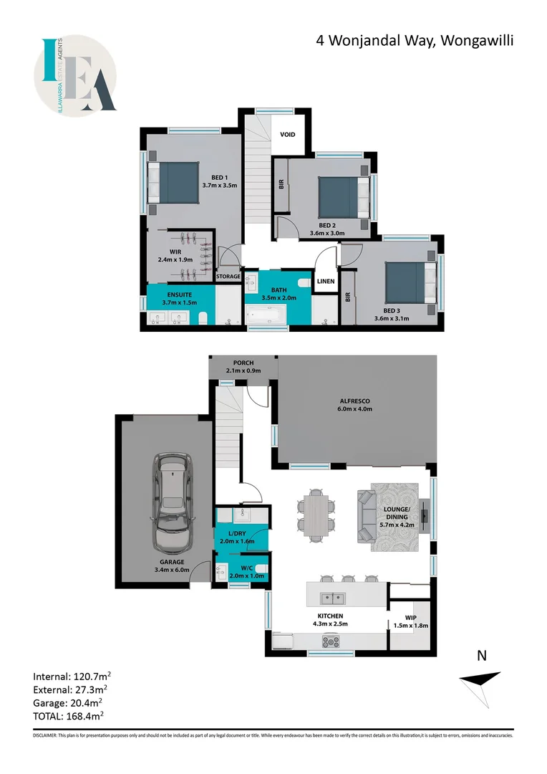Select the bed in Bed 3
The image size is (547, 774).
pyautogui.click(x=410, y=282)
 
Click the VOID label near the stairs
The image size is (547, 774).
pyautogui.click(x=288, y=134)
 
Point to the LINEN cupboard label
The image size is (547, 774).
pyautogui.click(x=326, y=281)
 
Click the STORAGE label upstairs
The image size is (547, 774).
pyautogui.click(x=228, y=275)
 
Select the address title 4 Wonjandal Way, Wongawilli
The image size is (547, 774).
pyautogui.click(x=415, y=41)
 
